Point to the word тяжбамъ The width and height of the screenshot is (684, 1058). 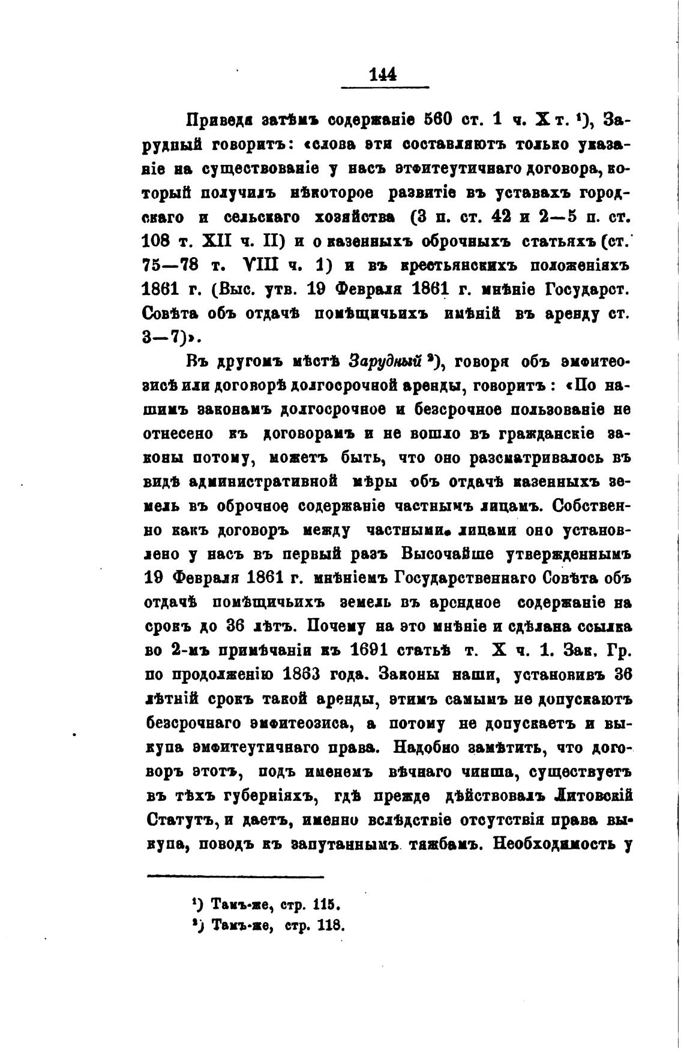tap(443, 844)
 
